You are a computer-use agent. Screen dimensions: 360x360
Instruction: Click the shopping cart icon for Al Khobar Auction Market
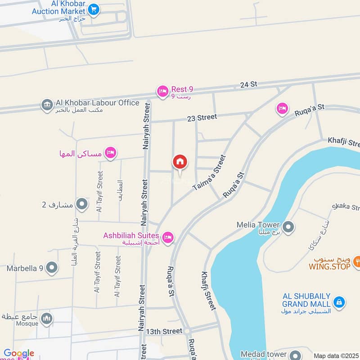click(x=94, y=9)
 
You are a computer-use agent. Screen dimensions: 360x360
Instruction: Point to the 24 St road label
click(x=248, y=84)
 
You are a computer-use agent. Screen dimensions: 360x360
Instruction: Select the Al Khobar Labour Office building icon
click(x=47, y=105)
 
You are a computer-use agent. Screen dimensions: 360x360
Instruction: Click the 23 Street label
click(x=202, y=117)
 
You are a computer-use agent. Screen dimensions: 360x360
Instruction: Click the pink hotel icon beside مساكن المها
click(x=110, y=153)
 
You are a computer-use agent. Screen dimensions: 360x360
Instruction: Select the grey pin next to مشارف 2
click(x=82, y=205)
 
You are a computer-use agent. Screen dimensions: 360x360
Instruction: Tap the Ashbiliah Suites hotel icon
click(x=168, y=237)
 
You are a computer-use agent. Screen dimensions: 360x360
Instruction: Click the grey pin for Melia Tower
click(x=289, y=227)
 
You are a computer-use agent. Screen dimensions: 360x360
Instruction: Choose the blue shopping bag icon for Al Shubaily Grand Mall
click(x=340, y=302)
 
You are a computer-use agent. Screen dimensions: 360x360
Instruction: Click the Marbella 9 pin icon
click(x=52, y=268)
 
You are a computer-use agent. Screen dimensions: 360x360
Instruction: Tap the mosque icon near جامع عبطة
click(x=47, y=319)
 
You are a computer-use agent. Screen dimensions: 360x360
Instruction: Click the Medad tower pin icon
click(x=295, y=355)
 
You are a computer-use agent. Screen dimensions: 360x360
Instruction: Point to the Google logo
click(x=19, y=354)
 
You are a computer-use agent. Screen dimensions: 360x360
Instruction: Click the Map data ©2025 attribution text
click(x=336, y=356)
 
